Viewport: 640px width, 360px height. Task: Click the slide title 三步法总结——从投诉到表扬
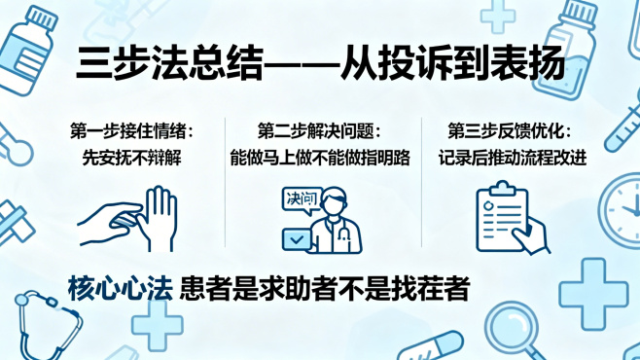(x=320, y=65)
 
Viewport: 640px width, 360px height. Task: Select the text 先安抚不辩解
(x=132, y=157)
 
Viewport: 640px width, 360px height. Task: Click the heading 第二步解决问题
(x=320, y=131)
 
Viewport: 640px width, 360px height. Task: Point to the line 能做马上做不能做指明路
(x=320, y=157)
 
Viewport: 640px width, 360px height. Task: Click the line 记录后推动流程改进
(x=513, y=157)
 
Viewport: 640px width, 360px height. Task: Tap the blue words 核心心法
(x=121, y=289)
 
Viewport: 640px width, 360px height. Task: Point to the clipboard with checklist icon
(x=506, y=216)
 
